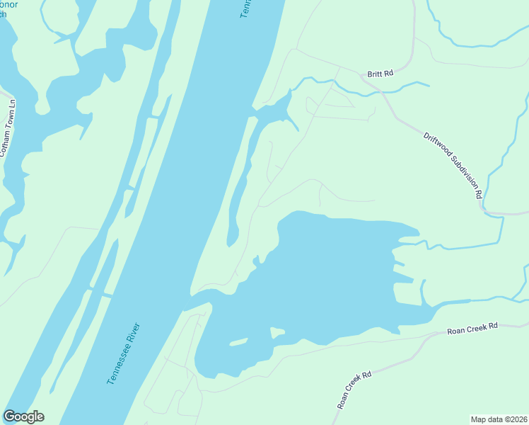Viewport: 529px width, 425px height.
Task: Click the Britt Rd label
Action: coord(380,73)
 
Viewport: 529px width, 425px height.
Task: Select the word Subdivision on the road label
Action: coord(461,171)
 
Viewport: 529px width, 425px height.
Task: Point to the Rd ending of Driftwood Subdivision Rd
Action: coord(478,192)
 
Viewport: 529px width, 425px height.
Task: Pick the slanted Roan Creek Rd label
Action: coord(354,390)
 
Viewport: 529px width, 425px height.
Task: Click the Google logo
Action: coord(23,416)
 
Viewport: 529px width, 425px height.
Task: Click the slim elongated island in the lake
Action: coord(239,342)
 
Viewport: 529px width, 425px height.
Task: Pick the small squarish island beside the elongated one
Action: coord(277,331)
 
